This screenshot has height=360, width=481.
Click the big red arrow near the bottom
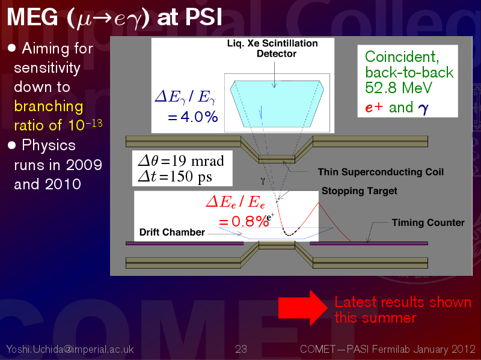[303, 308]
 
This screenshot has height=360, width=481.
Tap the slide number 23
[241, 349]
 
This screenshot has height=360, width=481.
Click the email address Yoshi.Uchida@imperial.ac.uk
[70, 349]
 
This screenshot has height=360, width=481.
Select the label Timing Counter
[428, 222]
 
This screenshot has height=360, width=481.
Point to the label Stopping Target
[359, 191]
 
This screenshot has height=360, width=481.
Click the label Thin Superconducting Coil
[381, 172]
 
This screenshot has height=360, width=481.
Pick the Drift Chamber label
[172, 232]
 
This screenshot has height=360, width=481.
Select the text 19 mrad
[198, 161]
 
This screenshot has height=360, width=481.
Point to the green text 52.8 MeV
[399, 88]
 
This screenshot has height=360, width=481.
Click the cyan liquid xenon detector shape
[277, 104]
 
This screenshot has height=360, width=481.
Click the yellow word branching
[49, 107]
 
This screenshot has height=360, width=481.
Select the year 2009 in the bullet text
[84, 165]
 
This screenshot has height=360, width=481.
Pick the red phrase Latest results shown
[403, 302]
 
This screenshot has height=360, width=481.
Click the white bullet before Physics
[11, 145]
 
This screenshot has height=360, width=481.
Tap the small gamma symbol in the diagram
[263, 181]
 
